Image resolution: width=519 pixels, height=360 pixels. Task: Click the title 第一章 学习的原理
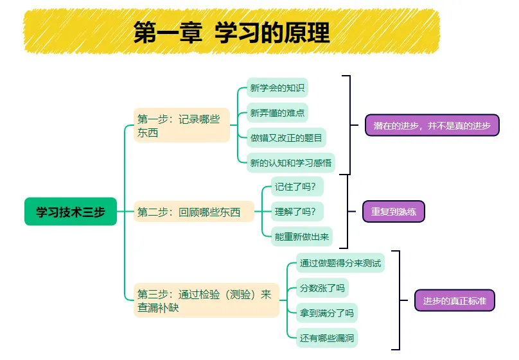[x=231, y=32]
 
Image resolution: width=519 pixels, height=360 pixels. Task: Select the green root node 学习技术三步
[x=71, y=212]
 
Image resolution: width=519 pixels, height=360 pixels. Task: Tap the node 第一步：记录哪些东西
[x=182, y=125]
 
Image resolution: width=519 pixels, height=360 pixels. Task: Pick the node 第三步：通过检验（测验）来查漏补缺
[x=206, y=300]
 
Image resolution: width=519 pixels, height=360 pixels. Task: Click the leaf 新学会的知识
[x=278, y=87]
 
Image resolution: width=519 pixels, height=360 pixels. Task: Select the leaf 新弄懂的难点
[x=277, y=113]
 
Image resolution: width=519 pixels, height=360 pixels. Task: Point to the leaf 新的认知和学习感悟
[x=291, y=162]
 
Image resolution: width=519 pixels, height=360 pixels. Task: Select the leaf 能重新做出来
[x=302, y=236]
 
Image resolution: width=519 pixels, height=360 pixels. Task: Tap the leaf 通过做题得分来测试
[x=340, y=262]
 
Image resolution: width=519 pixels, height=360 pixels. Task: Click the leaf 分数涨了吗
[x=322, y=287]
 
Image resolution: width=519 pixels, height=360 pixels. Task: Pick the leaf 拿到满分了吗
[x=326, y=313]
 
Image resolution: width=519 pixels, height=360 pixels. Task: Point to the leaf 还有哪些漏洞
[x=327, y=337]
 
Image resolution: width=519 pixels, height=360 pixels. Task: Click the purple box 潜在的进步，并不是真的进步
[x=432, y=125]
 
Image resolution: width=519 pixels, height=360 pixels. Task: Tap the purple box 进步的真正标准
[x=454, y=300]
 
